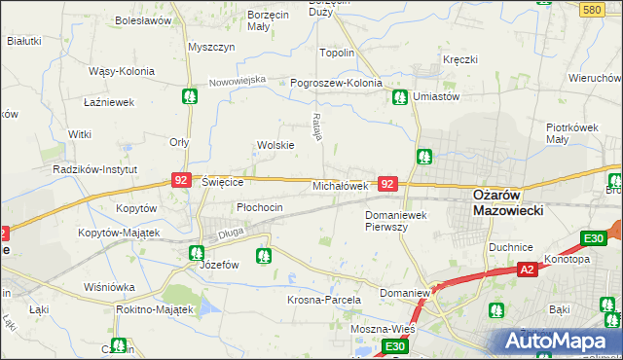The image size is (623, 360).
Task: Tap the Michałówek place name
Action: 339,185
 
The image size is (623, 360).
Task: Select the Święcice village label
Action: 222,182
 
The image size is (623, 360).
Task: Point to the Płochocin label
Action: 260,207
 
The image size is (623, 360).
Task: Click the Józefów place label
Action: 219,265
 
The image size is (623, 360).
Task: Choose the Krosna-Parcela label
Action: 324,300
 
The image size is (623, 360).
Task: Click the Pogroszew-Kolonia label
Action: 336,83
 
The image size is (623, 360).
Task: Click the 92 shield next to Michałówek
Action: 387,183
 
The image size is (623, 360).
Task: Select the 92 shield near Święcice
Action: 180,180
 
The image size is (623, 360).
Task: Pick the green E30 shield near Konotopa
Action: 594,237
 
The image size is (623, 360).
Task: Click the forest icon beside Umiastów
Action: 399,96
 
